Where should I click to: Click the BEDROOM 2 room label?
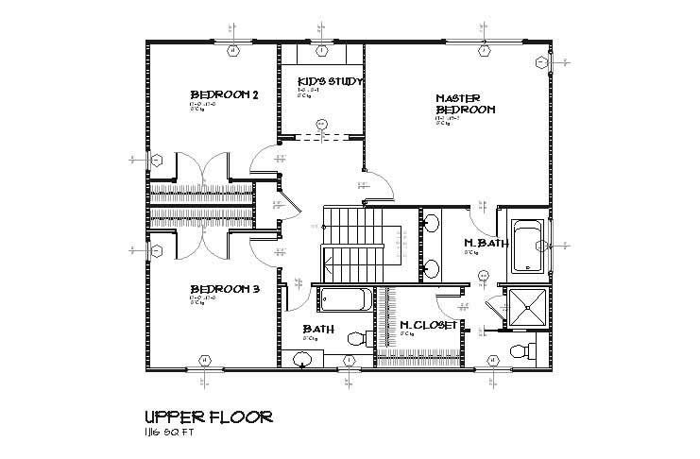pyautogui.click(x=224, y=94)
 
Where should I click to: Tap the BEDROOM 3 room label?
pyautogui.click(x=224, y=289)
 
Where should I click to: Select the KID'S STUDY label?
pyautogui.click(x=330, y=81)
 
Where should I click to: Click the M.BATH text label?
pyautogui.click(x=487, y=243)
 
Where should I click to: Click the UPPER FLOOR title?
pyautogui.click(x=209, y=416)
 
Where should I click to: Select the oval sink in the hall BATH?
pyautogui.click(x=302, y=358)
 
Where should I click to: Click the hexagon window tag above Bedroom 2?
pyautogui.click(x=232, y=49)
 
